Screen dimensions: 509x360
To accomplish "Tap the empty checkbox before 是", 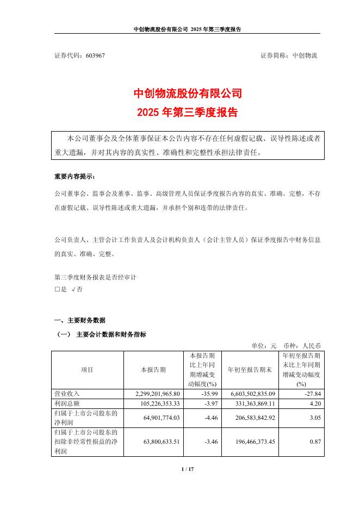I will click(x=57, y=290).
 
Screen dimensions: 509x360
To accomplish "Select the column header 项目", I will click(x=87, y=370).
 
